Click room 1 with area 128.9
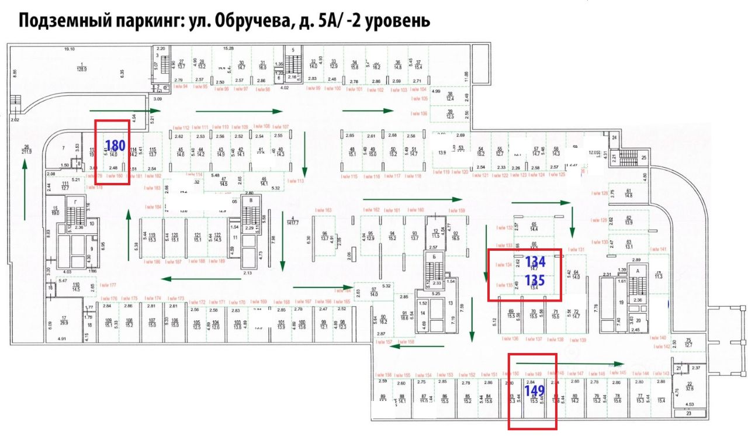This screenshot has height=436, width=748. [82, 67]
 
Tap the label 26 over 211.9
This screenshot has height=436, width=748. [26, 150]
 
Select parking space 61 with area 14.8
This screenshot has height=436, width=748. [629, 193]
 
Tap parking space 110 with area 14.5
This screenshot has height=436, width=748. [76, 286]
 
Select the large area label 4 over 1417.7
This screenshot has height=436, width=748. [293, 220]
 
